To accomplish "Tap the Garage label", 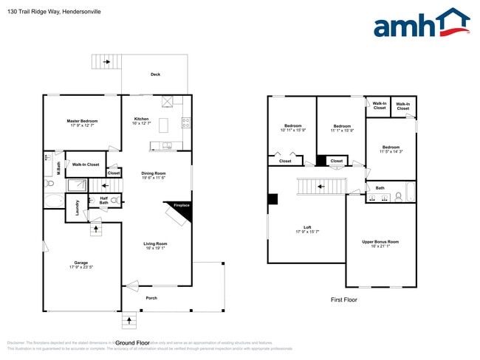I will [x=80, y=264].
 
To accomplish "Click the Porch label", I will [x=151, y=298].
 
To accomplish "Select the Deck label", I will [x=155, y=75].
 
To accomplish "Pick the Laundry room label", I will [x=76, y=208].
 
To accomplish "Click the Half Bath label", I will [x=104, y=201].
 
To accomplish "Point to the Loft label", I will [x=307, y=229].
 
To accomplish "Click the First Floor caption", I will [x=343, y=300].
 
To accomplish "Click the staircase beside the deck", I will [x=106, y=62].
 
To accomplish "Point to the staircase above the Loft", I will [x=321, y=186].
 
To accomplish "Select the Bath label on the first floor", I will [x=380, y=188].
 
